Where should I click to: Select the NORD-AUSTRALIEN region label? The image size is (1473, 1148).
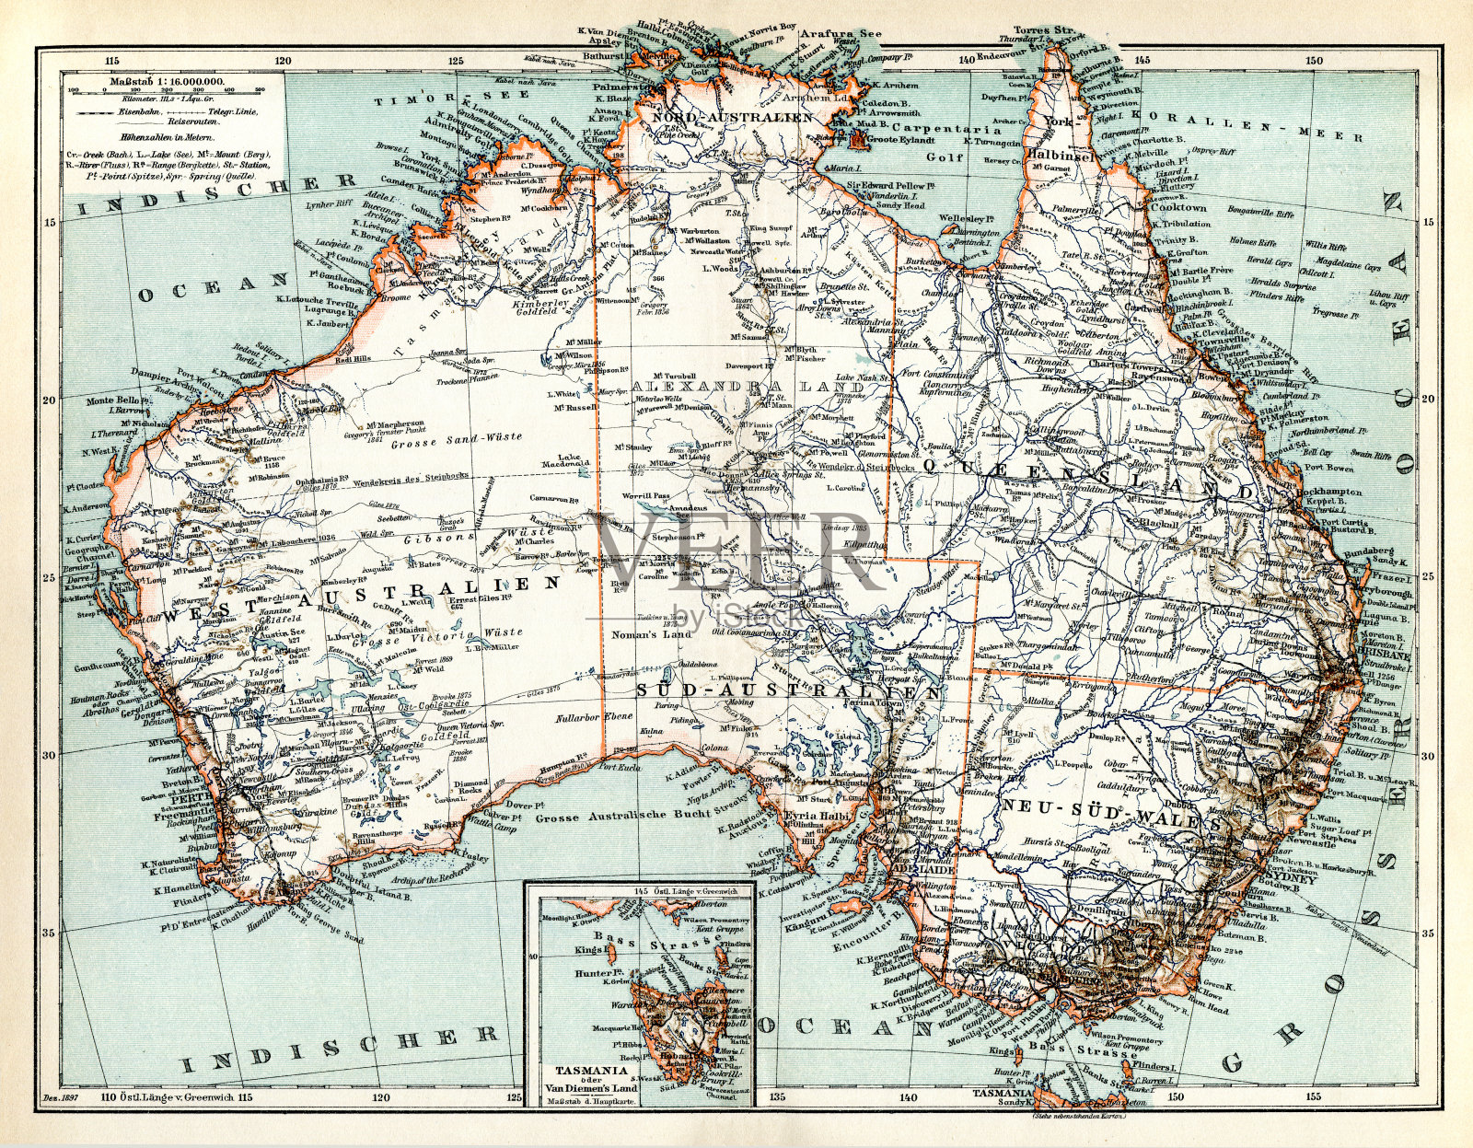pos(732,117)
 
